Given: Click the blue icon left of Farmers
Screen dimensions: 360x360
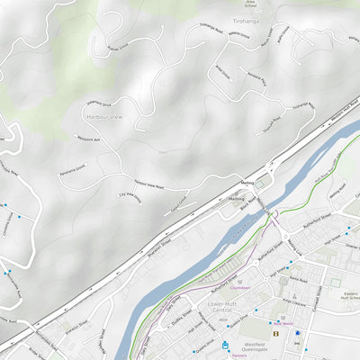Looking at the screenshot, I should click(225, 346).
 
